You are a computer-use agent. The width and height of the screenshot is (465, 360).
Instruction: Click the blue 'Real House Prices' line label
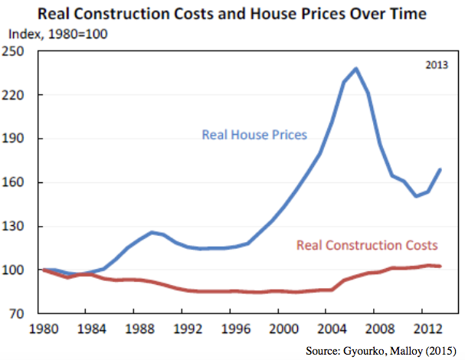(x=254, y=135)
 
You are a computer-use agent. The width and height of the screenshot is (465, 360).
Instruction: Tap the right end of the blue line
(x=439, y=169)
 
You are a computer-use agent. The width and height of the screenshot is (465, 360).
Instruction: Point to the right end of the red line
(x=439, y=266)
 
